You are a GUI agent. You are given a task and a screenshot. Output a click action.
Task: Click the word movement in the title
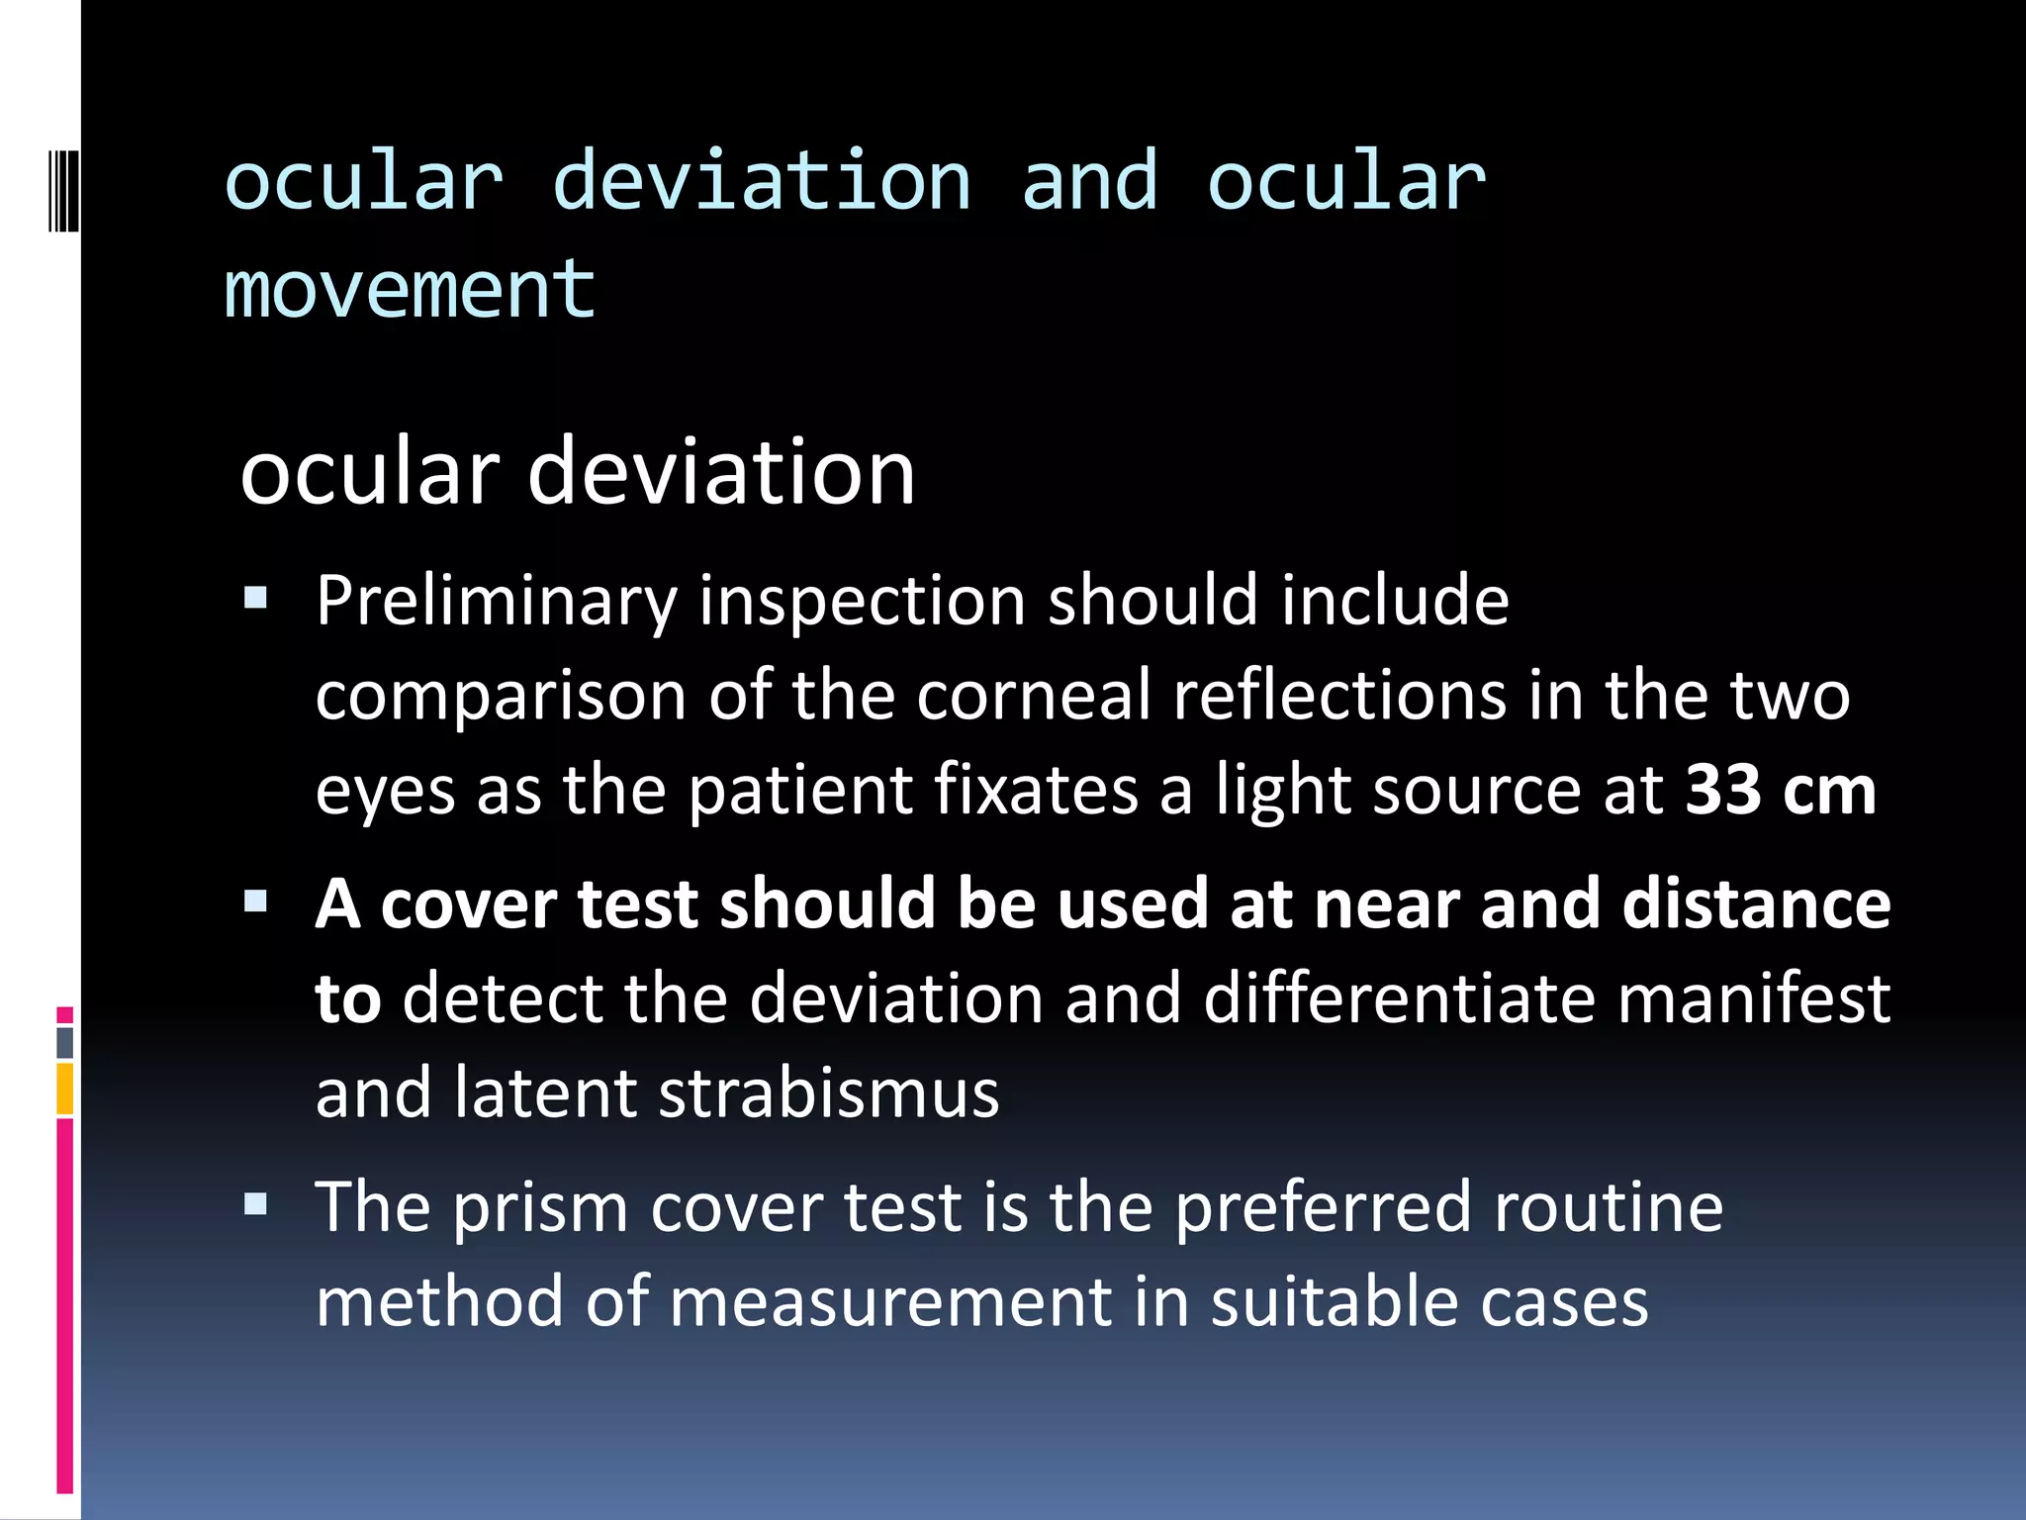coord(410,290)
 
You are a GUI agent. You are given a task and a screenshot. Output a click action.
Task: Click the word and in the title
coord(1089,182)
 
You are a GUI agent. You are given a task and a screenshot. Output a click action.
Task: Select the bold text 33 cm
coord(1781,791)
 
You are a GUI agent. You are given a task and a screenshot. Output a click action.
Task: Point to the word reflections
coord(1339,696)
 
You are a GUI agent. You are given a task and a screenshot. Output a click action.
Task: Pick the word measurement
coord(890,1302)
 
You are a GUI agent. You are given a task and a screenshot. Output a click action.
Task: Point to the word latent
coord(545,1093)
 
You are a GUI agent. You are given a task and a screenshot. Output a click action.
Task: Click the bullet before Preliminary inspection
coord(256,598)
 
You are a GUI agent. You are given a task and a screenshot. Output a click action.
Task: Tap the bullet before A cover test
coord(256,902)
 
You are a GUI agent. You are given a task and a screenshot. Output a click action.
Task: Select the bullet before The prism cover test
coord(256,1204)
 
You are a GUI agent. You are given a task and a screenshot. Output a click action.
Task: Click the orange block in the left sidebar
coord(65,1089)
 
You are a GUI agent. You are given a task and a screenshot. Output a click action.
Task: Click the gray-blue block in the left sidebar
coord(65,1043)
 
